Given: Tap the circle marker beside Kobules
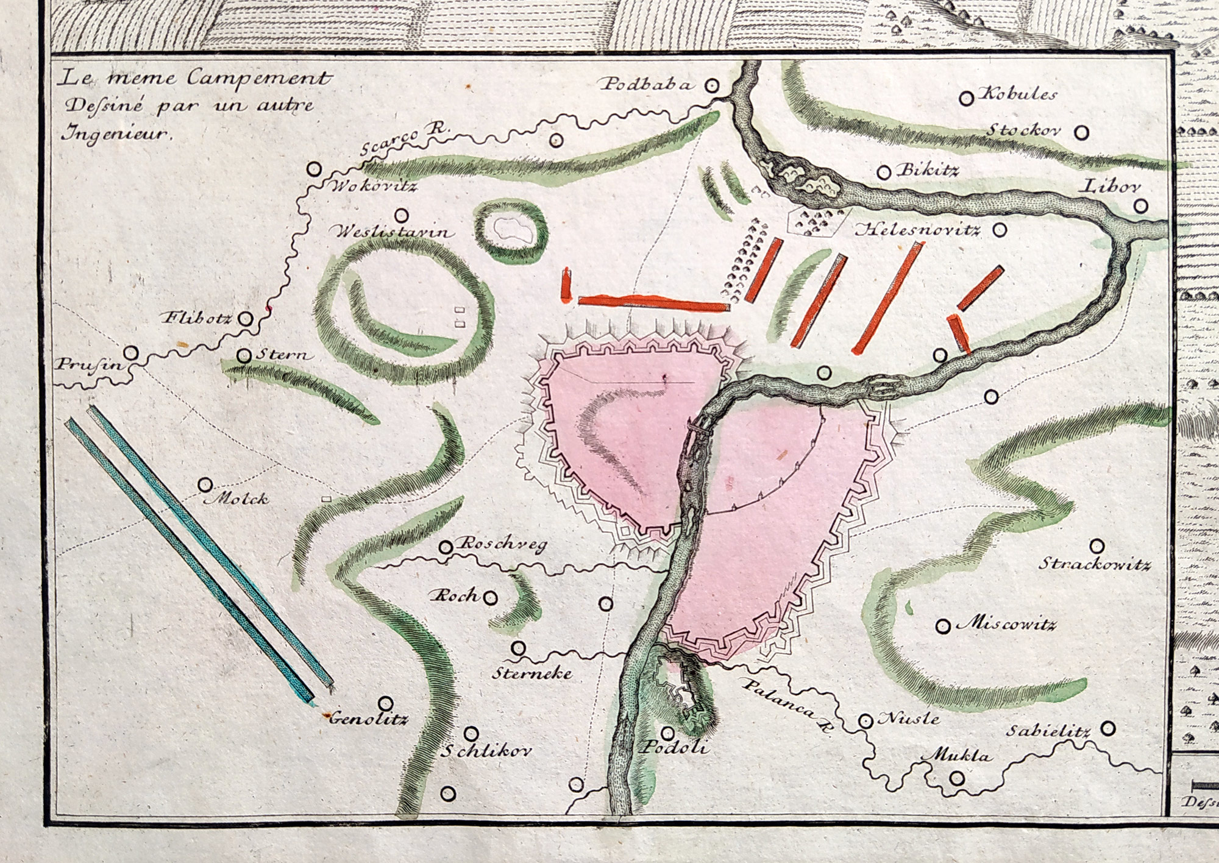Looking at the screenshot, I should [x=965, y=98].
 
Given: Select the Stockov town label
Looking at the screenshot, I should [x=1024, y=130].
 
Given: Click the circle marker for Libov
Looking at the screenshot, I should [x=1140, y=207].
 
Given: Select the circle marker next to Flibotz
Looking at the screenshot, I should [x=246, y=318].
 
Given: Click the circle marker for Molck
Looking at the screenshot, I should [x=205, y=485].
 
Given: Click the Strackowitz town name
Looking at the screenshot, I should [x=1095, y=564].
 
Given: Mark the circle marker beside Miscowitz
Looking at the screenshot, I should [x=944, y=626].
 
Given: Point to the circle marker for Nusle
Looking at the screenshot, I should [x=865, y=721].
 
